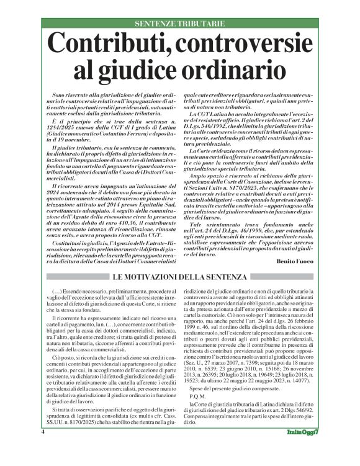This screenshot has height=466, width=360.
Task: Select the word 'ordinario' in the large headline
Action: [240, 69]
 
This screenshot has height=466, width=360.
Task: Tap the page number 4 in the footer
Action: [43, 449]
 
